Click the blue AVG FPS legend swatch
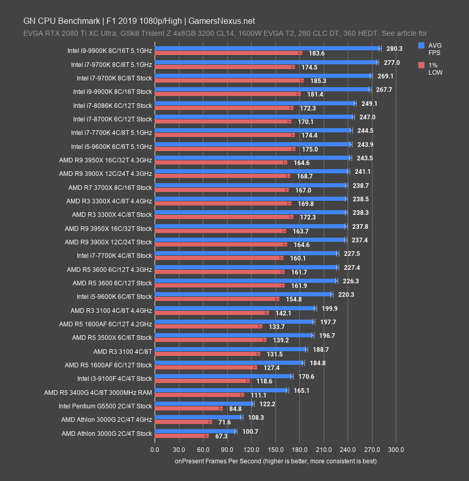pos(422,45)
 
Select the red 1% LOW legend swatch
pos(422,65)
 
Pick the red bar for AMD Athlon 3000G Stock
pos(181,436)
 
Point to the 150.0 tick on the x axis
pos(275,449)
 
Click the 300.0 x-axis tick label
pos(396,449)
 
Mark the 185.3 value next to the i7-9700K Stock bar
pos(316,81)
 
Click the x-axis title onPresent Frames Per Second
pos(275,461)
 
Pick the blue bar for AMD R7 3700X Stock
pos(251,185)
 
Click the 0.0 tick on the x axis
pos(155,449)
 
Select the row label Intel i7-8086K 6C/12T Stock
pos(113,105)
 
